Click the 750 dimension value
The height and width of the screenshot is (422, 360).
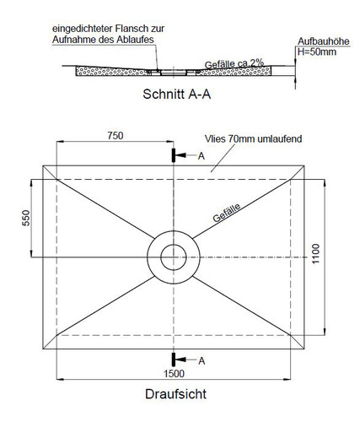click(x=116, y=136)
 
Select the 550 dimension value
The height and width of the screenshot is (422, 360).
click(x=26, y=218)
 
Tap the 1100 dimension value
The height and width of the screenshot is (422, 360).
click(x=316, y=254)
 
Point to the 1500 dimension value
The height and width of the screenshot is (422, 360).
click(x=174, y=374)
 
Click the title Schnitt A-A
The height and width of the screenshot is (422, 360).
click(x=176, y=94)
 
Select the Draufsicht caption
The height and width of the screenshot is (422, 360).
click(x=175, y=394)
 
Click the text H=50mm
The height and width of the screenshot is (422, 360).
click(x=317, y=51)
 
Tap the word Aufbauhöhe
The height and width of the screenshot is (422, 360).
click(x=324, y=41)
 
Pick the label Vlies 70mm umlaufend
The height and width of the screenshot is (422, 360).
click(x=253, y=138)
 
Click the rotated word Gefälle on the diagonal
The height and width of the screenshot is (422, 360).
click(x=227, y=213)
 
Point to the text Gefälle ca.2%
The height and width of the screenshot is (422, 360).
click(x=234, y=64)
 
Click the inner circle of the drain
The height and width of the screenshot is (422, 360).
click(x=174, y=245)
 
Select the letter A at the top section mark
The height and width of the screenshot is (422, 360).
click(x=201, y=156)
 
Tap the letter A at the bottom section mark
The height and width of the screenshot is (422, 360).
click(x=201, y=360)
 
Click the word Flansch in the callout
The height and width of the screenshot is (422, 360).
click(x=130, y=29)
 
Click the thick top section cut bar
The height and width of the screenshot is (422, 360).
click(x=174, y=155)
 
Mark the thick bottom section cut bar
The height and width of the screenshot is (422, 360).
click(x=174, y=360)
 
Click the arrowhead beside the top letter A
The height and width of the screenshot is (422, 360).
click(x=180, y=155)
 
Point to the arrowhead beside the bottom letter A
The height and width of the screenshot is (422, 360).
click(x=180, y=360)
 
